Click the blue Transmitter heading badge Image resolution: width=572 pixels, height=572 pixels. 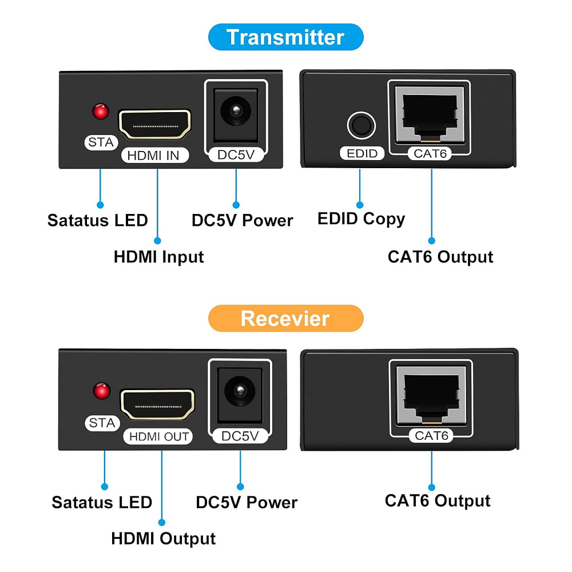[285, 37]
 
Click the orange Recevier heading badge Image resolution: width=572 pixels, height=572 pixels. [285, 319]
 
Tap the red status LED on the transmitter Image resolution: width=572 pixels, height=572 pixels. [101, 111]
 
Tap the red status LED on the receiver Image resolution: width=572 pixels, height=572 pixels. [102, 391]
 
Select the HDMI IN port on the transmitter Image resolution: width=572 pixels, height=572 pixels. [154, 124]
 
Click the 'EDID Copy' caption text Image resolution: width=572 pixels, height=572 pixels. [361, 219]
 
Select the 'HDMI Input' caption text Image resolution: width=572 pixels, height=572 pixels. [158, 257]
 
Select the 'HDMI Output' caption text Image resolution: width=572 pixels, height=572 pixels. [163, 538]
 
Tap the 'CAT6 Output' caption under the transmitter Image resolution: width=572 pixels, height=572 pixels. [440, 257]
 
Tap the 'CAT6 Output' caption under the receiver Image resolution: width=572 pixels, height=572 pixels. [438, 501]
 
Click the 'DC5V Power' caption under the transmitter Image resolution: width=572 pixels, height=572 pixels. [242, 221]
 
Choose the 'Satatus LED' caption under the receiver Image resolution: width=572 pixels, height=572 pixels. [102, 503]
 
